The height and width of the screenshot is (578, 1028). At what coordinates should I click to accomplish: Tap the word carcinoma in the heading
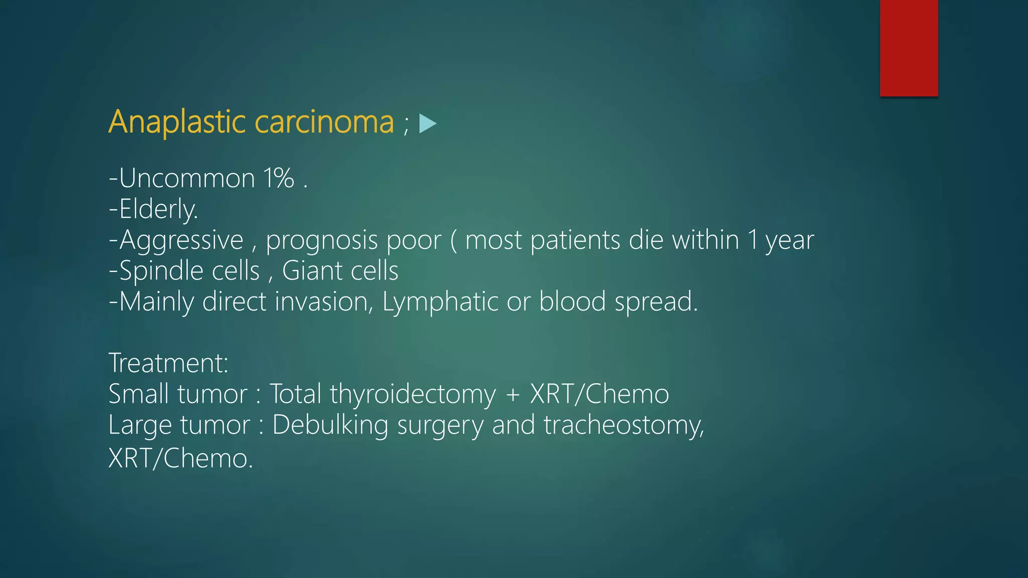(x=324, y=122)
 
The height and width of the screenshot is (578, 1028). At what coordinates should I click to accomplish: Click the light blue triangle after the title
(x=427, y=123)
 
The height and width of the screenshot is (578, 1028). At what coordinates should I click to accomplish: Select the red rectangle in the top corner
(x=909, y=48)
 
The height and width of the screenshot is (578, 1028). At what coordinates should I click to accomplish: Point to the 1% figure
(x=279, y=178)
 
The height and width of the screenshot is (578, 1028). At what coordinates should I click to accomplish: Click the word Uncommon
(x=187, y=178)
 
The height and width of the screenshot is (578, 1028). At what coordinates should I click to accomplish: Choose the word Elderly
(x=158, y=209)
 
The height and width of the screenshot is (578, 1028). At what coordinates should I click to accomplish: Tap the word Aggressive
(x=181, y=240)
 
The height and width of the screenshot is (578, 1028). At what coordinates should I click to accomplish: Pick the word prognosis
(x=322, y=240)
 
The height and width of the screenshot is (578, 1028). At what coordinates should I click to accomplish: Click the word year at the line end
(x=789, y=240)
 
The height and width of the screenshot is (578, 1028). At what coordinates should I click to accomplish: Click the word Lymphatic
(x=439, y=302)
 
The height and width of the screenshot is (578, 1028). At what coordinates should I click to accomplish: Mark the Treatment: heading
(x=169, y=363)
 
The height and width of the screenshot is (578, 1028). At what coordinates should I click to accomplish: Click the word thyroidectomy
(x=413, y=394)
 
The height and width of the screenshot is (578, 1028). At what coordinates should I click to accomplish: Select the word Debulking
(x=330, y=425)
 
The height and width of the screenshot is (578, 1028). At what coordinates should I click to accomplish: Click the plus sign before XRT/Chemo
(x=512, y=394)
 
